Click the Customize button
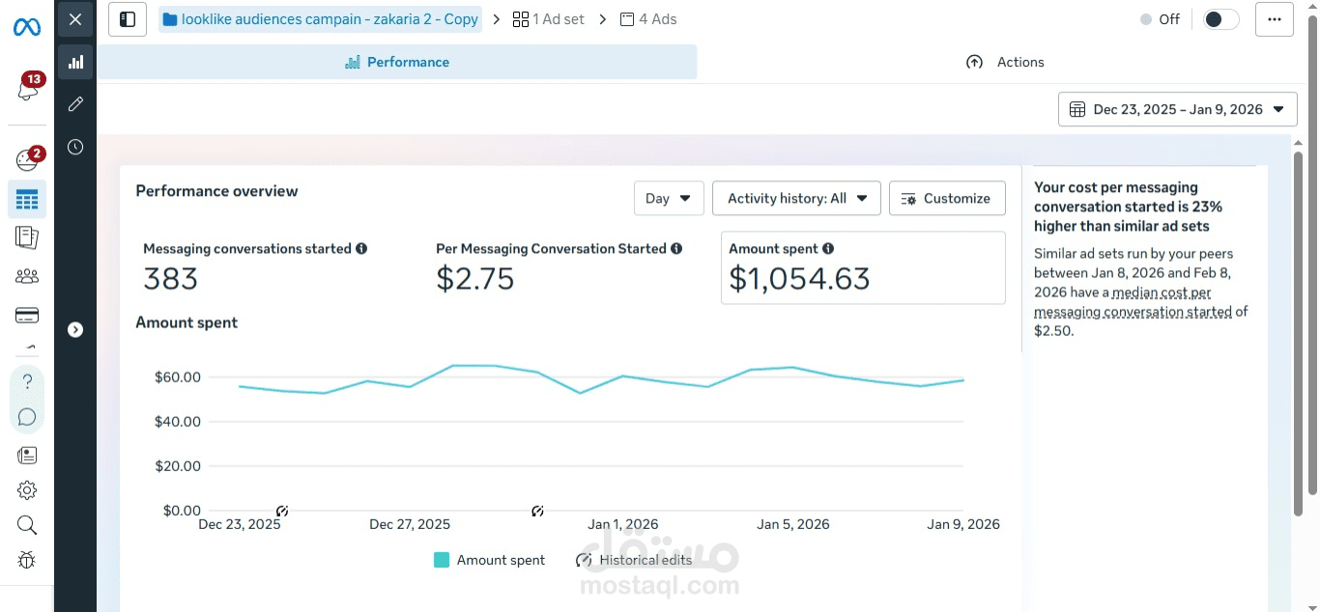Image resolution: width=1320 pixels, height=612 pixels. pyautogui.click(x=947, y=199)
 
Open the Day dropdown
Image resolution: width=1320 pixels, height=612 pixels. pyautogui.click(x=669, y=199)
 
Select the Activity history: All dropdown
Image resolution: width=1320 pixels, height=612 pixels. pyautogui.click(x=796, y=199)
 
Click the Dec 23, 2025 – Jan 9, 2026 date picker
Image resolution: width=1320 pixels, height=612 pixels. pyautogui.click(x=1177, y=109)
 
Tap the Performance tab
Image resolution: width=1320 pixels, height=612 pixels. pyautogui.click(x=397, y=62)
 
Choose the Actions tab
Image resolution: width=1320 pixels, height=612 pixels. pyautogui.click(x=1005, y=62)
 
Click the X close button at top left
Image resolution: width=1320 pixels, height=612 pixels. pyautogui.click(x=75, y=19)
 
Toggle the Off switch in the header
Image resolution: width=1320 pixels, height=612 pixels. pyautogui.click(x=1220, y=19)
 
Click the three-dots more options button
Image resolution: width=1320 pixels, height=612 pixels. pyautogui.click(x=1274, y=19)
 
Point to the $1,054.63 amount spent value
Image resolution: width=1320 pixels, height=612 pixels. pyautogui.click(x=799, y=279)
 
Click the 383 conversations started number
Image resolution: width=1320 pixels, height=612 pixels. pyautogui.click(x=170, y=279)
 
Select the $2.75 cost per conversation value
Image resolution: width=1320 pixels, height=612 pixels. pyautogui.click(x=474, y=279)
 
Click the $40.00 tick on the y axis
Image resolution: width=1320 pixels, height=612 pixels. pyautogui.click(x=177, y=422)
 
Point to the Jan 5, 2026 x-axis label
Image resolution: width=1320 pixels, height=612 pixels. pyautogui.click(x=793, y=524)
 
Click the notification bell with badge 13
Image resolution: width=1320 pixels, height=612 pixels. pyautogui.click(x=28, y=89)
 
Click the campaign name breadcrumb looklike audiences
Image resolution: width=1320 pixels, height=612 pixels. pyautogui.click(x=321, y=19)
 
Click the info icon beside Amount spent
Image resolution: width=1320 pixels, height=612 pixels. pyautogui.click(x=828, y=249)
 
